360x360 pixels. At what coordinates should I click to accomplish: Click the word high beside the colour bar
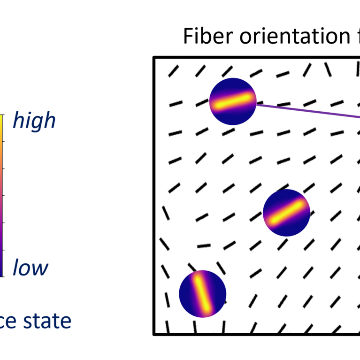click(34, 121)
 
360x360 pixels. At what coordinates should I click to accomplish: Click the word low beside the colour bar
click(31, 268)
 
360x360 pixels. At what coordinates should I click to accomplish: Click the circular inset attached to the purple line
click(233, 101)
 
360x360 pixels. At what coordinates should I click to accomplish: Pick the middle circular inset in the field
click(286, 213)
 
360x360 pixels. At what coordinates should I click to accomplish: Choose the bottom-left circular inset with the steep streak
click(203, 294)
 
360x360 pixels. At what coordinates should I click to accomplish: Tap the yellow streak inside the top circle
click(233, 101)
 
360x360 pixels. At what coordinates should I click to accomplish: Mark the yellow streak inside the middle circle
click(286, 213)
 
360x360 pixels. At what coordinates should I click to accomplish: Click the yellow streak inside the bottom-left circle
click(203, 294)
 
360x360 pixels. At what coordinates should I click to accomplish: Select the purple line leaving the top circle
click(307, 111)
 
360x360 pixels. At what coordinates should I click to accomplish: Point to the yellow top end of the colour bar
click(2, 117)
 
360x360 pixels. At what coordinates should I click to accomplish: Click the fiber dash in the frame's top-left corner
click(174, 71)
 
